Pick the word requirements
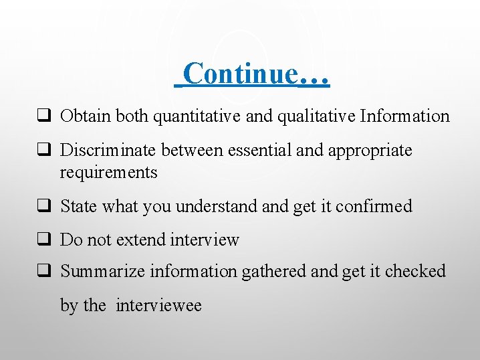[108, 172]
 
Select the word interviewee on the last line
[158, 306]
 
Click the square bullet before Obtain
[45, 116]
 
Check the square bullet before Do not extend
[45, 240]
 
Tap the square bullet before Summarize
[45, 271]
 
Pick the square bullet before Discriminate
[45, 151]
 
